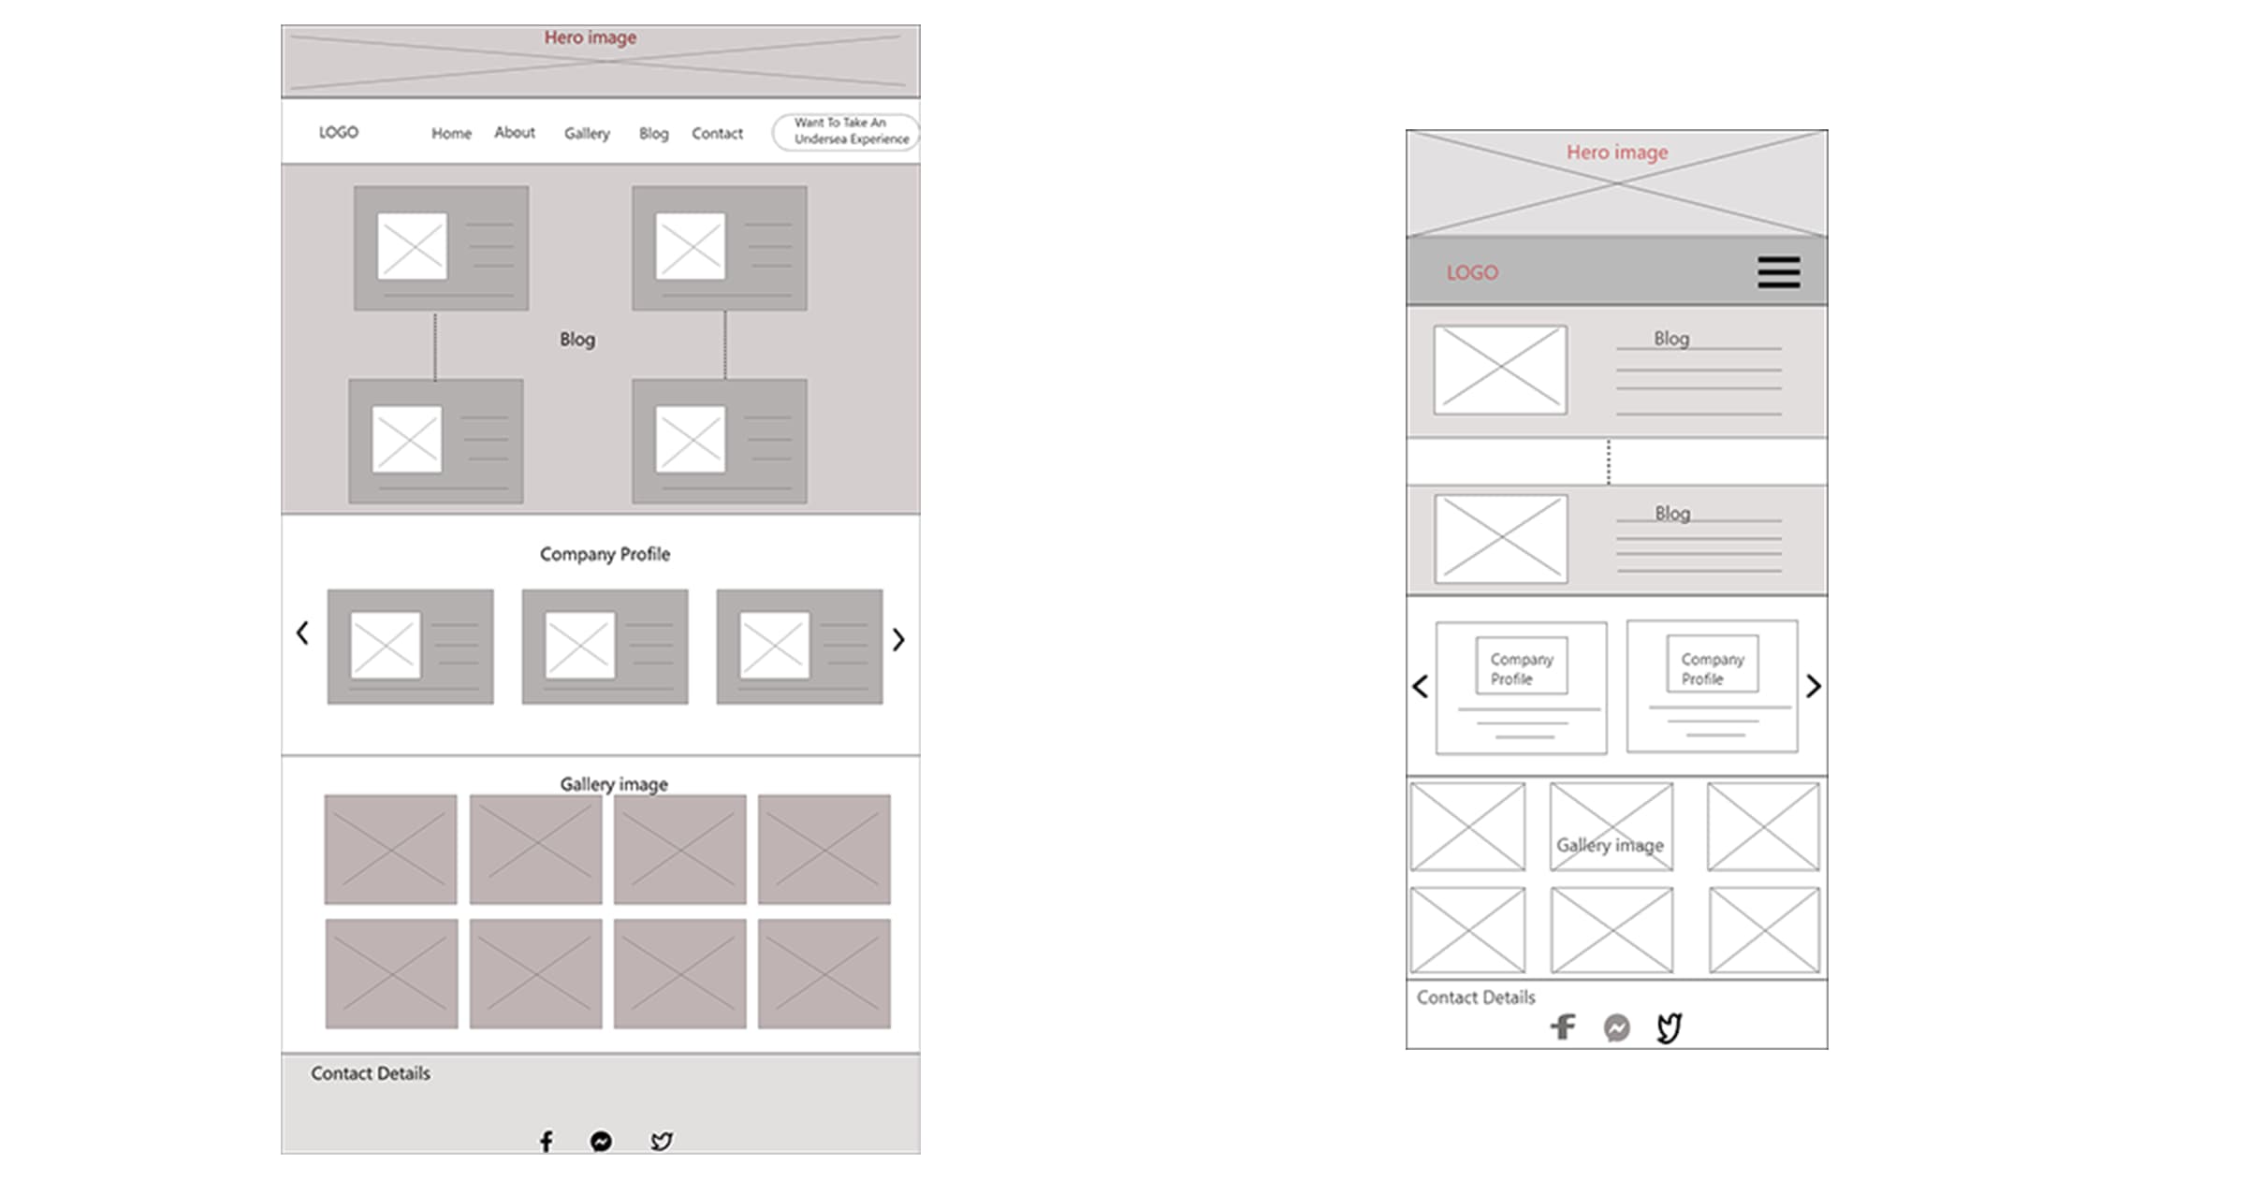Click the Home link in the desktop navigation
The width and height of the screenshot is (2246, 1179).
pyautogui.click(x=451, y=134)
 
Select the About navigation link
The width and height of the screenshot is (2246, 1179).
pyautogui.click(x=515, y=133)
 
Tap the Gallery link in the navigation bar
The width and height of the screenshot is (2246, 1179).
pyautogui.click(x=587, y=134)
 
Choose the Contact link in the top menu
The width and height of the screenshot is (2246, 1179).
pyautogui.click(x=717, y=134)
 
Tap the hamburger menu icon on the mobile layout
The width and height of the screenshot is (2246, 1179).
pyautogui.click(x=1778, y=272)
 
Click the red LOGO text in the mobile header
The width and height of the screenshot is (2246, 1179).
pyautogui.click(x=1472, y=273)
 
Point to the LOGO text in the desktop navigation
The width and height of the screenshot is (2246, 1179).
pyautogui.click(x=339, y=133)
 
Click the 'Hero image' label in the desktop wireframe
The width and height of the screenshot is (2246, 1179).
pyautogui.click(x=591, y=37)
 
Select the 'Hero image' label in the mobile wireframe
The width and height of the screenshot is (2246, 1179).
pyautogui.click(x=1617, y=153)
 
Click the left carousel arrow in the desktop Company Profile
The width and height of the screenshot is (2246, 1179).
pyautogui.click(x=302, y=633)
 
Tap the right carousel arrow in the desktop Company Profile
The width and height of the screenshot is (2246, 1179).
pyautogui.click(x=898, y=639)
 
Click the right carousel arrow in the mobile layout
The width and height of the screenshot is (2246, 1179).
pyautogui.click(x=1814, y=687)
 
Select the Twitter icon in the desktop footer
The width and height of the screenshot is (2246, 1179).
pyautogui.click(x=662, y=1141)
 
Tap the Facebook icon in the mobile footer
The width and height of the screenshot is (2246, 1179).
pyautogui.click(x=1563, y=1027)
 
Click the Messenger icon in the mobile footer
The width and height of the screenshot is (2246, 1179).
pyautogui.click(x=1616, y=1028)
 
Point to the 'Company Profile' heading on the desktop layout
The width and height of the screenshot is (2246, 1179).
pyautogui.click(x=605, y=554)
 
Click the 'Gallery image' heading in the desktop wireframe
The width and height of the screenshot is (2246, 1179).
pyautogui.click(x=614, y=784)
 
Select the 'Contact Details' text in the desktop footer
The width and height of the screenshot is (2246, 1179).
pyautogui.click(x=371, y=1073)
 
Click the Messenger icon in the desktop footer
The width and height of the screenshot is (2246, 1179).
pyautogui.click(x=602, y=1141)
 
